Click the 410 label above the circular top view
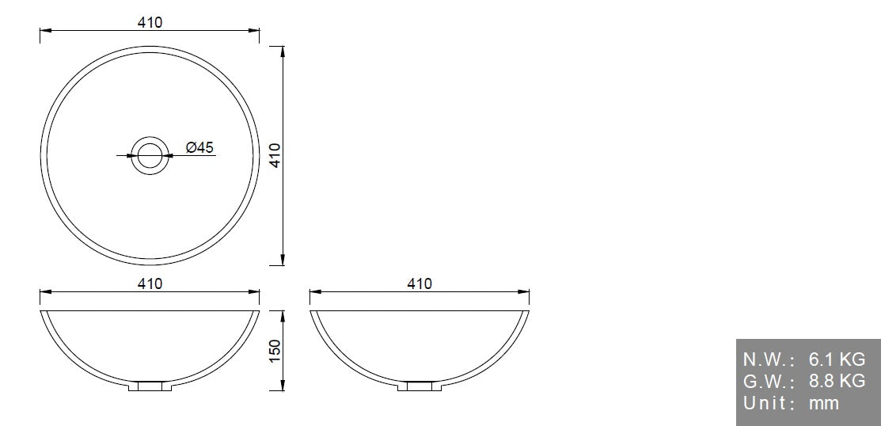(150, 23)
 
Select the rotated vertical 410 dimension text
(275, 155)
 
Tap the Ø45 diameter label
(199, 147)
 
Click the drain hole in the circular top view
(150, 155)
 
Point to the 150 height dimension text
(275, 350)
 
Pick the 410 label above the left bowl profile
(150, 283)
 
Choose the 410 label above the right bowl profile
(419, 283)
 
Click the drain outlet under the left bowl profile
(150, 387)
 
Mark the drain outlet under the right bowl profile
(419, 387)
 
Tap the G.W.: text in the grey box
(768, 382)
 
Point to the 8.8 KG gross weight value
(837, 382)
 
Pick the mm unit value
(823, 404)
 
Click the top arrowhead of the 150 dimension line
(283, 314)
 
